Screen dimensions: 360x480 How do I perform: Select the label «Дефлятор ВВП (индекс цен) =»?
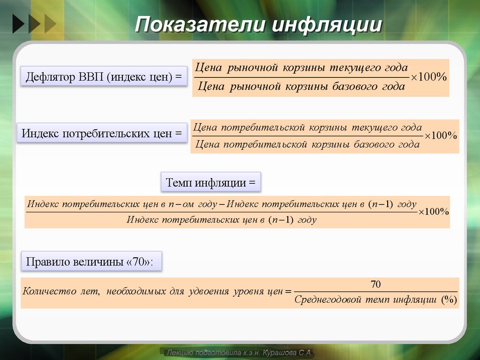(x=104, y=76)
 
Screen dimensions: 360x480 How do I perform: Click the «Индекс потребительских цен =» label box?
(x=101, y=134)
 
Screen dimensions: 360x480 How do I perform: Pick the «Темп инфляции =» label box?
(x=211, y=183)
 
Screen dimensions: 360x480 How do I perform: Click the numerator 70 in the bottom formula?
(x=375, y=285)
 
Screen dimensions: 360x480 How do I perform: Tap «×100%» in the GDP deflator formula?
(x=429, y=77)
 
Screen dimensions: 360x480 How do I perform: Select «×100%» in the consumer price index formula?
(x=441, y=135)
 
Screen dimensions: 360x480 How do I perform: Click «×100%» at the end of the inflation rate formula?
(x=434, y=211)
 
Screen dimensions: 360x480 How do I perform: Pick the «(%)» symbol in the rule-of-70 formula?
(x=449, y=300)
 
